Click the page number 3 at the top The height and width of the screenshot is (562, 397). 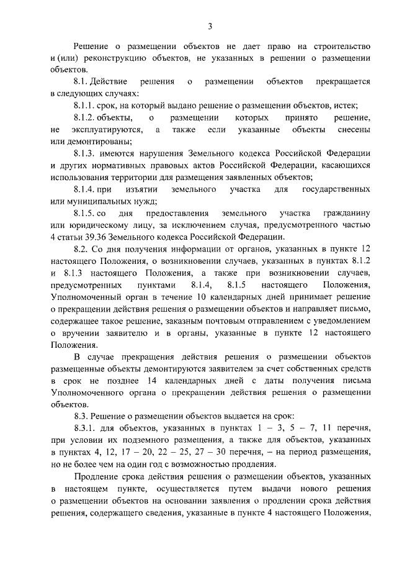coord(210,26)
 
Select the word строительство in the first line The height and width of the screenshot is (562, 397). coord(343,47)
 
